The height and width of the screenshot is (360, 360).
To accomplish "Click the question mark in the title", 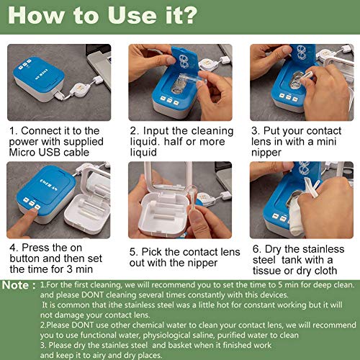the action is (188, 16).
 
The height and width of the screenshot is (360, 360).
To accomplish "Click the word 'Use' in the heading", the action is (132, 16).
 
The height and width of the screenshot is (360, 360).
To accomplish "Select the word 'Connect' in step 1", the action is (39, 131).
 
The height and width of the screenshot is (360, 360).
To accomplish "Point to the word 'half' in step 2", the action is (174, 142).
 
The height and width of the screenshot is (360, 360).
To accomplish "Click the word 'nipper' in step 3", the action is (266, 153).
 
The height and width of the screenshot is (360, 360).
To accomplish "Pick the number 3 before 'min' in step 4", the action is (70, 269).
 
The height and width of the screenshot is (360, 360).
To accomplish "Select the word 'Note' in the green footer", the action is (15, 285).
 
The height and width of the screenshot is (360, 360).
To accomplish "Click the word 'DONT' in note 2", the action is (82, 325).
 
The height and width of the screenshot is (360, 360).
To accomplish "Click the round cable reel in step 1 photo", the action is (81, 89).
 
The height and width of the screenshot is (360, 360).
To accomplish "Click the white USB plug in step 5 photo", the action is (225, 196).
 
